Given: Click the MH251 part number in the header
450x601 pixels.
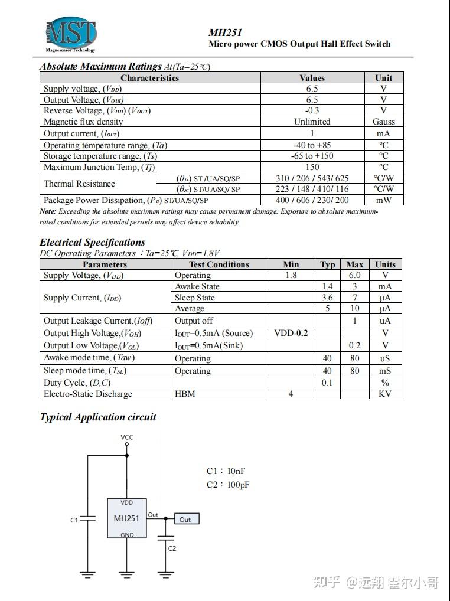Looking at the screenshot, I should (x=225, y=32).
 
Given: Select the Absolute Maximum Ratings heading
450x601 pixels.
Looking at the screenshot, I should (x=100, y=66).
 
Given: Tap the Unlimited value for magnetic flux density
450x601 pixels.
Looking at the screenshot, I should (x=312, y=122).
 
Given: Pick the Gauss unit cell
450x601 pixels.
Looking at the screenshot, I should (x=383, y=122).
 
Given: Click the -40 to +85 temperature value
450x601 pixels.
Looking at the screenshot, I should (x=312, y=145).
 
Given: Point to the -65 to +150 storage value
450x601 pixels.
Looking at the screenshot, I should (x=312, y=156).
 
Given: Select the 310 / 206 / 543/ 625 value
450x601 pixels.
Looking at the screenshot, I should (x=312, y=178).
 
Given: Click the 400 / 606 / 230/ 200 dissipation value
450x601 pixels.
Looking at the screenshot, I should (x=312, y=200).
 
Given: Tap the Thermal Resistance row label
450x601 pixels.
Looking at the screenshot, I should (x=79, y=184).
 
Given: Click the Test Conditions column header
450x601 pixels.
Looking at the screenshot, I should (x=219, y=264).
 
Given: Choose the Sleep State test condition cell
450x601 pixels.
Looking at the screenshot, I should (x=195, y=298).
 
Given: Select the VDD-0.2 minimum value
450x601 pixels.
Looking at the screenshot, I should (x=291, y=333).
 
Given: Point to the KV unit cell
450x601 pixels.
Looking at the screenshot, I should (x=385, y=394).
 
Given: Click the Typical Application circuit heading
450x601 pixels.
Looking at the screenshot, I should (x=98, y=417).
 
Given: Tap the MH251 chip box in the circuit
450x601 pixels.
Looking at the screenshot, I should (x=126, y=518).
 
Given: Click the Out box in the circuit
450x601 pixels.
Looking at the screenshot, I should (x=185, y=519).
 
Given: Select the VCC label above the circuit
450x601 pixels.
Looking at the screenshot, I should (x=127, y=437).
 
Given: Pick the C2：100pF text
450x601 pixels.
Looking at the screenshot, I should (x=228, y=485).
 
